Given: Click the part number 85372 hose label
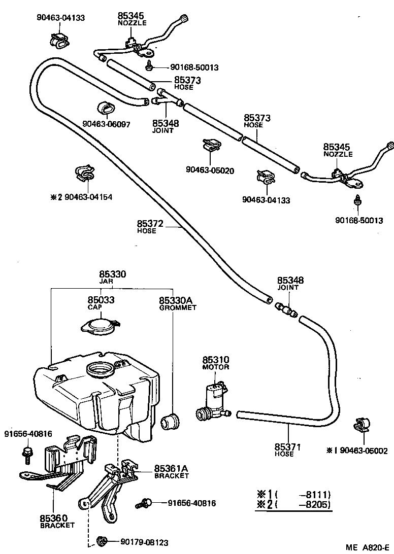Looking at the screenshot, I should (x=147, y=223).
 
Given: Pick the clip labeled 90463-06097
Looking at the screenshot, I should (x=105, y=109).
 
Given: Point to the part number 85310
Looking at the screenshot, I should (x=216, y=359).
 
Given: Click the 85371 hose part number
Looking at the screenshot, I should (x=288, y=446).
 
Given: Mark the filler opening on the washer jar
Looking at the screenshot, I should (x=101, y=369).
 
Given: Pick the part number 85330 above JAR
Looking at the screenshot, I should (x=112, y=274).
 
